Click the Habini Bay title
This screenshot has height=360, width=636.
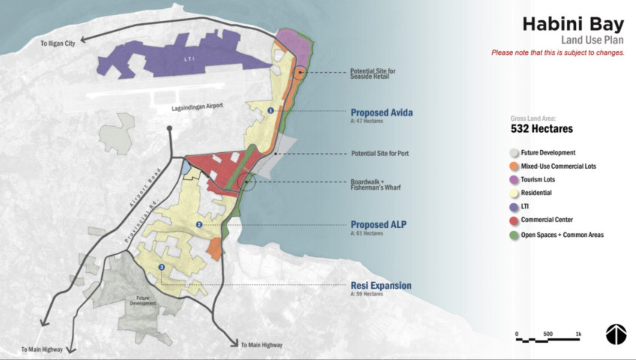pyautogui.click(x=573, y=23)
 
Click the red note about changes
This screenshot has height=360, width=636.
pyautogui.click(x=558, y=52)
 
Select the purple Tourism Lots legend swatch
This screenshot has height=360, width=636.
pyautogui.click(x=514, y=179)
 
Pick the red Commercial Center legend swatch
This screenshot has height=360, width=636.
pyautogui.click(x=514, y=220)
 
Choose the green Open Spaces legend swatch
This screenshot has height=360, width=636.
pyautogui.click(x=514, y=235)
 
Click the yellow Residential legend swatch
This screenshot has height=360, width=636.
pyautogui.click(x=514, y=193)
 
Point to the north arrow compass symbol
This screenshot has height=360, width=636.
pyautogui.click(x=616, y=334)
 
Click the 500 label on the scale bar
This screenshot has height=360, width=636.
pyautogui.click(x=548, y=333)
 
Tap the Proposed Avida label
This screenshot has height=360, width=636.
pyautogui.click(x=382, y=112)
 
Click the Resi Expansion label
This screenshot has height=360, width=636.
pyautogui.click(x=381, y=286)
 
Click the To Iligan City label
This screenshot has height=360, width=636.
pyautogui.click(x=58, y=45)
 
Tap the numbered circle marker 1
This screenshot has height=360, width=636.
pyautogui.click(x=271, y=111)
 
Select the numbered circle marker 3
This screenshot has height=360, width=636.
pyautogui.click(x=161, y=268)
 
